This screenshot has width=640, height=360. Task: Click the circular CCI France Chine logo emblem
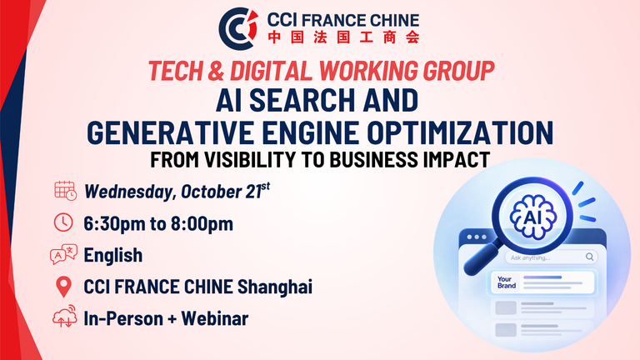pyautogui.click(x=238, y=28)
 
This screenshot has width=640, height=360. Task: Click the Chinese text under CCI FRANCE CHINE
pyautogui.click(x=343, y=37)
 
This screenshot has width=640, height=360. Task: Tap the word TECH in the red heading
pyautogui.click(x=176, y=71)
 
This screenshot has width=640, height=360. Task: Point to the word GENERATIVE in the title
pyautogui.click(x=170, y=132)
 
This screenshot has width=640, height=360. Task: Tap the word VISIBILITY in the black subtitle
pyautogui.click(x=251, y=160)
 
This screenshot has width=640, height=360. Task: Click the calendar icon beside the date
pyautogui.click(x=65, y=191)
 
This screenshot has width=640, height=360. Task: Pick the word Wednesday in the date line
pyautogui.click(x=130, y=192)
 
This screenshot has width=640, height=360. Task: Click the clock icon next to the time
pyautogui.click(x=63, y=222)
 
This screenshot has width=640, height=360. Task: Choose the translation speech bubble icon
pyautogui.click(x=63, y=254)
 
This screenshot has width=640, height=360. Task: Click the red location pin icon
pyautogui.click(x=63, y=287)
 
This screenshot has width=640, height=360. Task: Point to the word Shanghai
pyautogui.click(x=275, y=287)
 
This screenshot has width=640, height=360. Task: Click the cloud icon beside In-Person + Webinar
pyautogui.click(x=64, y=317)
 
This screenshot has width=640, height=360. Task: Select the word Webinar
pyautogui.click(x=215, y=319)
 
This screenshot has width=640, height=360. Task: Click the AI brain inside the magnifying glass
pyautogui.click(x=533, y=217)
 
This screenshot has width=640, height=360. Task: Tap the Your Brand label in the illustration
pyautogui.click(x=507, y=282)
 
